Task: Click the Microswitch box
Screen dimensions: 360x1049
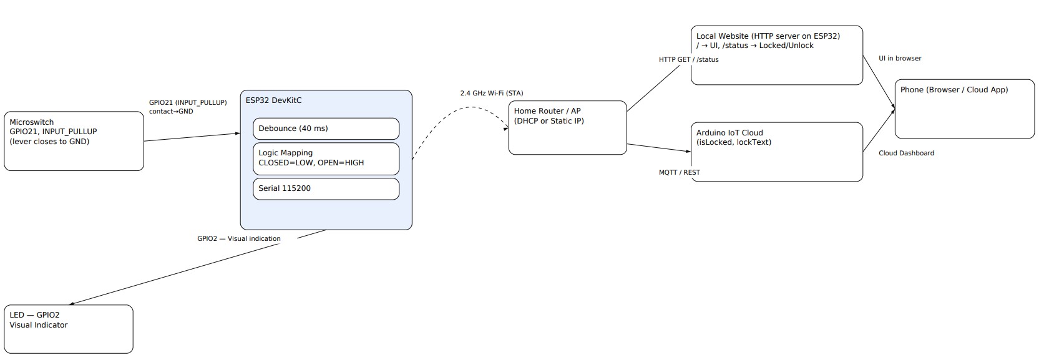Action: pyautogui.click(x=74, y=141)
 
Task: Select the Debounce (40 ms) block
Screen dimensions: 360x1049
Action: pyautogui.click(x=326, y=129)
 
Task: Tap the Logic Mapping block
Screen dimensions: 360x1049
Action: pyautogui.click(x=326, y=158)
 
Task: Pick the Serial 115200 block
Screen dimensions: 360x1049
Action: pyautogui.click(x=326, y=188)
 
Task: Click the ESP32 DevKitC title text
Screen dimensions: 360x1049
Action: pyautogui.click(x=273, y=100)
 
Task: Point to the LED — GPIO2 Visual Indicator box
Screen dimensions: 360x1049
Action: pyautogui.click(x=69, y=329)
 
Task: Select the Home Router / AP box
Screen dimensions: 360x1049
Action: pyautogui.click(x=567, y=128)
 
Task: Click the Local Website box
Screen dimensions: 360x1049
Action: pyautogui.click(x=776, y=55)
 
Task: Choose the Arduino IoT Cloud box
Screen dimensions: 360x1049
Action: pyautogui.click(x=776, y=152)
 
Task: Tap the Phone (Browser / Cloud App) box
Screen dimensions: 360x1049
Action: pyautogui.click(x=964, y=109)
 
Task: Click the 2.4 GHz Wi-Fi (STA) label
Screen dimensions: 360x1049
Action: pyautogui.click(x=492, y=94)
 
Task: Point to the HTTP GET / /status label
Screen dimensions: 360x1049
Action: pyautogui.click(x=688, y=60)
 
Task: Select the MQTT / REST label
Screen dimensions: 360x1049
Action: pyautogui.click(x=679, y=172)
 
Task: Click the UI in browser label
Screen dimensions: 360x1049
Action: pyautogui.click(x=900, y=59)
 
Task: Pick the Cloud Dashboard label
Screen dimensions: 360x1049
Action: pyautogui.click(x=906, y=153)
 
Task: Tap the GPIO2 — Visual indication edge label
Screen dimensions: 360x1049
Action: pyautogui.click(x=238, y=239)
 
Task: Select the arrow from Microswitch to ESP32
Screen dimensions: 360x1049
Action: pyautogui.click(x=192, y=137)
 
